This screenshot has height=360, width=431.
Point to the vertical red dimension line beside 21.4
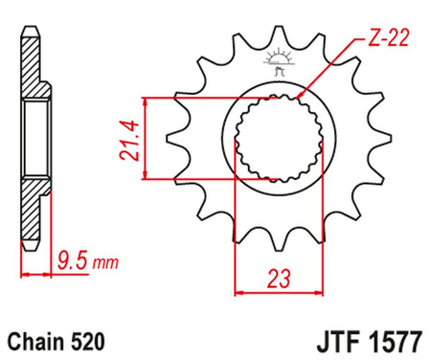pyautogui.click(x=146, y=137)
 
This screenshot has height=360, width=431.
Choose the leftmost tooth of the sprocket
pyautogui.click(x=172, y=139)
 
